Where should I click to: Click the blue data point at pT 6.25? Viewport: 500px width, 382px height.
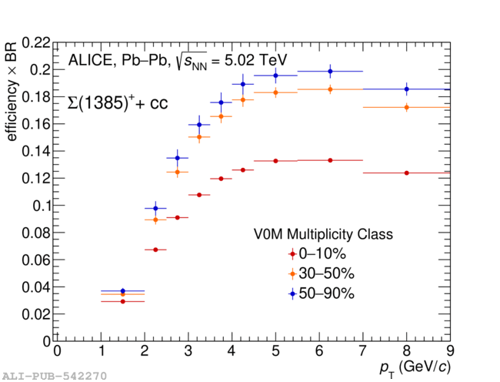(330, 72)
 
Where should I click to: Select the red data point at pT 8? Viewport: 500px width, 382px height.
(406, 173)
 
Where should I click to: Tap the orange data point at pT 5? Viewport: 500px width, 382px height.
(275, 92)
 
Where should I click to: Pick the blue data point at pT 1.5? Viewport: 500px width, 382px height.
(122, 291)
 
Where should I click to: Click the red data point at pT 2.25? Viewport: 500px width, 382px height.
(155, 250)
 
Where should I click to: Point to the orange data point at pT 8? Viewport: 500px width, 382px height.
(406, 107)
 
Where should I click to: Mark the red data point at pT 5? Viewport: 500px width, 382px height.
(275, 161)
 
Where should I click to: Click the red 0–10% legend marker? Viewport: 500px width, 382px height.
(292, 253)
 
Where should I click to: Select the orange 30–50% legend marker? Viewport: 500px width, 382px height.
(292, 273)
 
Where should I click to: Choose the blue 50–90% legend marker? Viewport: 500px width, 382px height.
(292, 293)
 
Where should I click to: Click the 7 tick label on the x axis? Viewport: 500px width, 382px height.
(362, 351)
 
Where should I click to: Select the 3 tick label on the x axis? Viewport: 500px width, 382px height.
(188, 351)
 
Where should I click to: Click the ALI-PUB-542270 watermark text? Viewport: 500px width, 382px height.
(54, 376)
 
